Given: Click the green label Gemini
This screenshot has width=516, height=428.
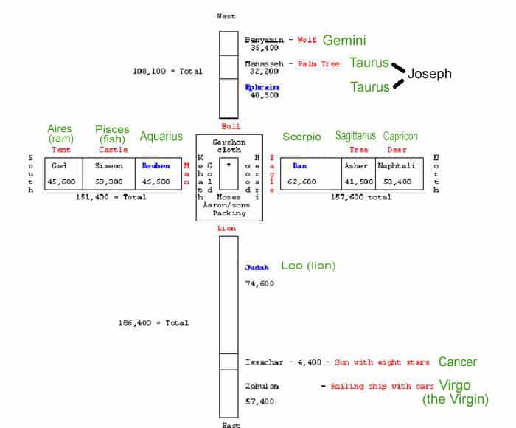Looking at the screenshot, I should click(x=344, y=41).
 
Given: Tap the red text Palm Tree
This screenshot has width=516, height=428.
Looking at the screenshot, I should click(x=318, y=64).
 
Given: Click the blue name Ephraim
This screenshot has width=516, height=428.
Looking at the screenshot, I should click(x=262, y=86).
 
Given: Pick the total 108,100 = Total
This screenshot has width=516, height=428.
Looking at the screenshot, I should click(x=167, y=72).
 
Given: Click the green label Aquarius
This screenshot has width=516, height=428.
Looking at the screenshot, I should click(x=162, y=137).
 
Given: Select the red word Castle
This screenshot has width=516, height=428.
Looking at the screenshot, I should click(x=113, y=150).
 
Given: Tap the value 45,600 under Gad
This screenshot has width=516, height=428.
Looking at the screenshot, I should click(x=61, y=181).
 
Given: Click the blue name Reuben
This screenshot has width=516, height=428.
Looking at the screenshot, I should click(x=157, y=166).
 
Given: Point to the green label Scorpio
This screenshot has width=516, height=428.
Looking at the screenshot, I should click(x=301, y=137).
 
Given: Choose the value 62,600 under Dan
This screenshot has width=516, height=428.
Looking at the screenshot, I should click(x=302, y=181).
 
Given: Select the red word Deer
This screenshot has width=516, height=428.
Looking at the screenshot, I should click(x=397, y=150).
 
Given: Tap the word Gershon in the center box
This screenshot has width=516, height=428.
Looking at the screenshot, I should click(x=228, y=141).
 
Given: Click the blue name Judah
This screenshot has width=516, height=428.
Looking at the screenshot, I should click(x=257, y=268).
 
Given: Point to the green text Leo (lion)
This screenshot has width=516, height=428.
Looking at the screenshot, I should click(x=308, y=266).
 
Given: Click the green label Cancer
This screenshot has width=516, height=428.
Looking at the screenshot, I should click(x=457, y=362).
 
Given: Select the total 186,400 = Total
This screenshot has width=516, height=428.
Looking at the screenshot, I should click(x=153, y=323).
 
